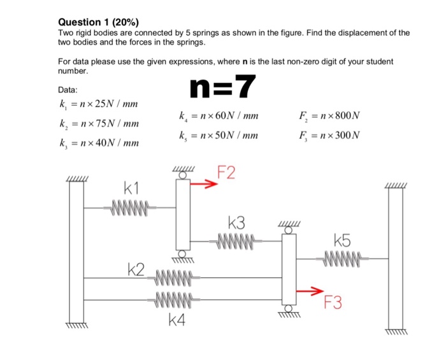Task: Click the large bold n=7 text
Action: tap(223, 87)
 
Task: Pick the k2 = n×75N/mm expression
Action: tap(99, 124)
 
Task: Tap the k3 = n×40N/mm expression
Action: tap(99, 143)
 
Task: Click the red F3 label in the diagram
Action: tap(332, 303)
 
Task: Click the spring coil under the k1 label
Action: tap(130, 207)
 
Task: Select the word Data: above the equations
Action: tap(69, 91)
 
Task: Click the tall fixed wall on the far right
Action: tap(396, 258)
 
